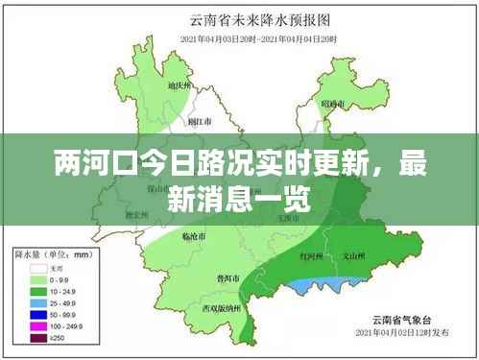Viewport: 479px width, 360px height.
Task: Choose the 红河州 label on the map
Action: pyautogui.click(x=311, y=257)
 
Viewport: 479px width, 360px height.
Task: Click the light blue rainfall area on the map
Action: pyautogui.click(x=331, y=284)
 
